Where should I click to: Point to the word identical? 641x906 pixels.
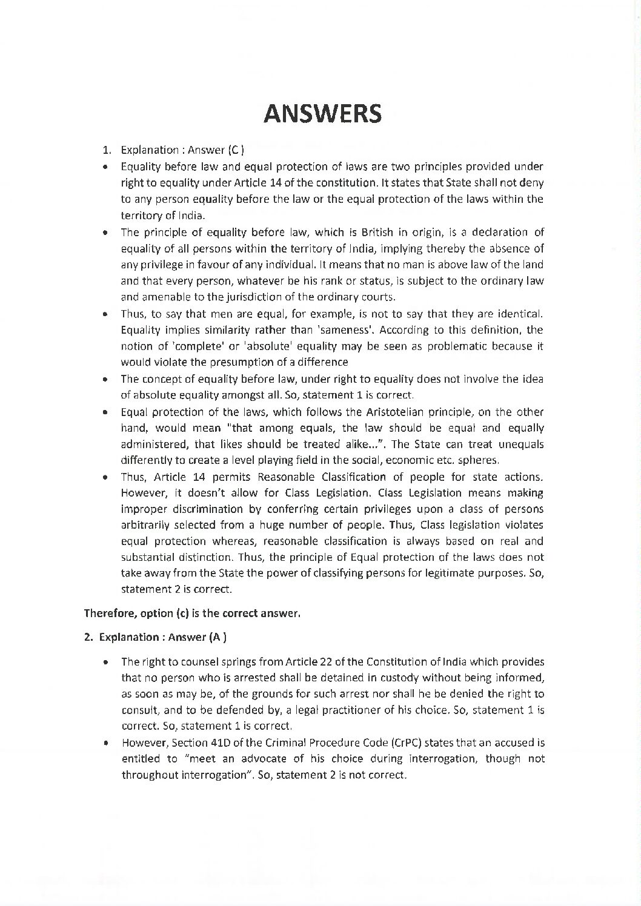pos(517,314)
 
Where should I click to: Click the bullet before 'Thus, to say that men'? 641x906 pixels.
pos(107,314)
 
